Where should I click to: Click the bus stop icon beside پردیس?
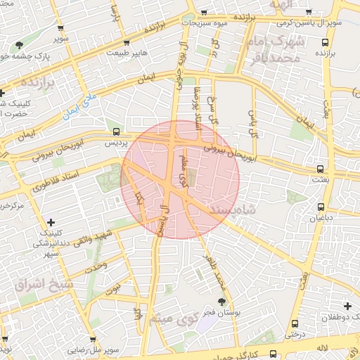click(117, 131)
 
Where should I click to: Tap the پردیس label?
click(115, 142)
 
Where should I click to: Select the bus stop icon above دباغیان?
click(321, 207)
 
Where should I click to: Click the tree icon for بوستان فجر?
click(222, 302)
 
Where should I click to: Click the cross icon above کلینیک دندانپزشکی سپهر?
click(51, 222)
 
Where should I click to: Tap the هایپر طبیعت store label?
click(131, 52)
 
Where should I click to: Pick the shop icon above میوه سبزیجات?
click(205, 12)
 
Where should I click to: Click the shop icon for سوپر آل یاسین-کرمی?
click(310, 12)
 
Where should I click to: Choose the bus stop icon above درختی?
click(295, 324)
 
